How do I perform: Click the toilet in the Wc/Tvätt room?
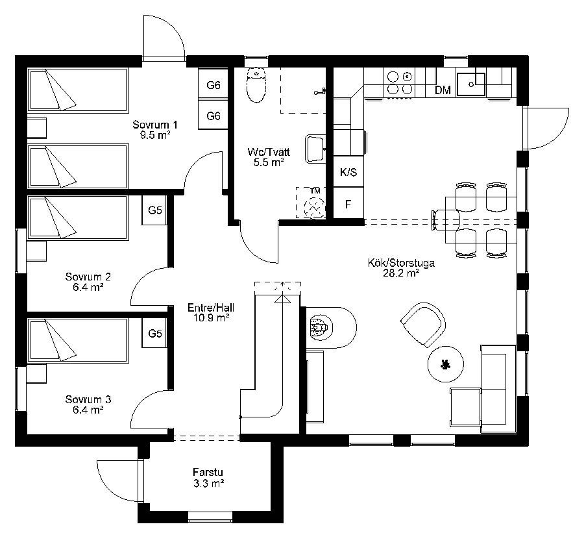pos(256,86)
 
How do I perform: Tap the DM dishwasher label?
pos(443,90)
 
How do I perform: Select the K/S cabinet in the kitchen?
pos(348,172)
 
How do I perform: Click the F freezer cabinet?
pos(348,203)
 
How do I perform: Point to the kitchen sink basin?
pos(471,84)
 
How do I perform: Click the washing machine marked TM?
pos(311,203)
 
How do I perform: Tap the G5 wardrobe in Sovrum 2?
pos(154,210)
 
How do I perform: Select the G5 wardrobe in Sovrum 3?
pos(154,333)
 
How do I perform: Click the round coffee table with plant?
pos(445,364)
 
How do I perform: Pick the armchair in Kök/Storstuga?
pos(423,324)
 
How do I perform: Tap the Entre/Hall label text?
pos(211,308)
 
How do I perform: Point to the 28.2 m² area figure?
pos(401,273)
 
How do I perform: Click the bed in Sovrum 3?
pos(78,341)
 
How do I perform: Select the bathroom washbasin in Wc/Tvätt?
pos(315,149)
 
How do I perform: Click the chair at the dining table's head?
pos(445,220)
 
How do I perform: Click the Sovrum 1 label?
pos(155,125)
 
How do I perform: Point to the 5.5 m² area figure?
pos(269,162)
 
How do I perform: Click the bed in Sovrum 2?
pos(78,218)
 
